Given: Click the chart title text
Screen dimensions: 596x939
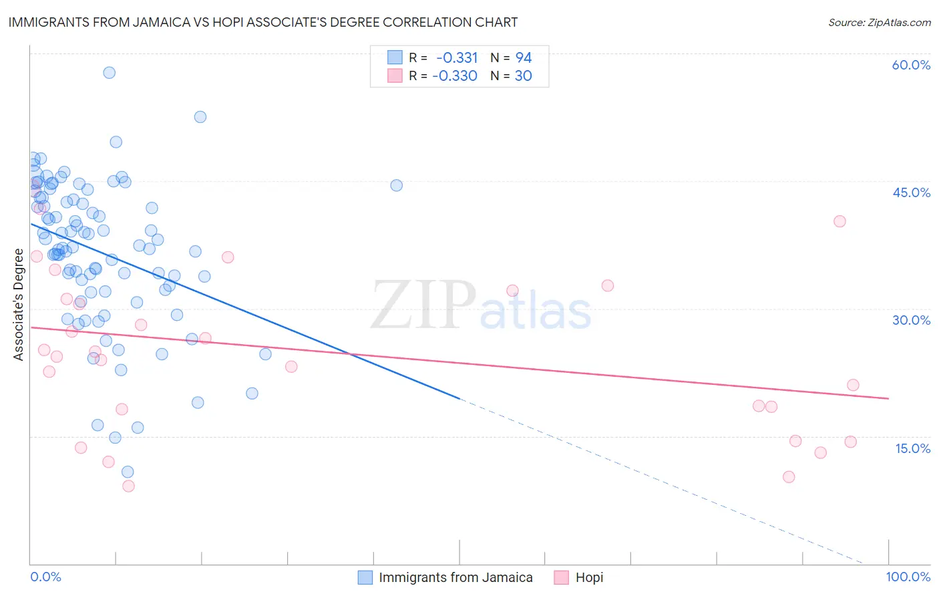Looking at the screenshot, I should [x=262, y=22].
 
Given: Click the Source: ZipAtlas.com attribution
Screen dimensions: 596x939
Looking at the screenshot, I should [x=879, y=23].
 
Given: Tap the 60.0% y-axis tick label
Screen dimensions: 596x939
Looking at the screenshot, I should [x=911, y=65].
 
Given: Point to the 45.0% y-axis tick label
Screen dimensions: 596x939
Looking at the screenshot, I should [x=911, y=192].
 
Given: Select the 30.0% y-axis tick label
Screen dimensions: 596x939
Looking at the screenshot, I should [x=911, y=320].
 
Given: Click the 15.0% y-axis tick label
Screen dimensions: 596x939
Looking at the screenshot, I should [x=912, y=448].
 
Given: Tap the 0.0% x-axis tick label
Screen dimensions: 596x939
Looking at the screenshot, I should [x=45, y=577].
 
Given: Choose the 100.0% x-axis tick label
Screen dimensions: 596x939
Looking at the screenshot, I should [x=908, y=577].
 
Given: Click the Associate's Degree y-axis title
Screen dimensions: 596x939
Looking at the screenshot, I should [x=19, y=305].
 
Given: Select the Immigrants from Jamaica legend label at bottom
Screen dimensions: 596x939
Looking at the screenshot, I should [x=455, y=577].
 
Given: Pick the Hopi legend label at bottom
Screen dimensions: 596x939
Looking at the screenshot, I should [x=589, y=577].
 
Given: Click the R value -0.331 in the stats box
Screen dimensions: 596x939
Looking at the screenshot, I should [x=457, y=57].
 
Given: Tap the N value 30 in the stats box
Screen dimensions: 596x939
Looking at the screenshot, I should [x=523, y=76].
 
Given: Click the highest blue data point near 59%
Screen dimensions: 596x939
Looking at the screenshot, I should [x=109, y=72].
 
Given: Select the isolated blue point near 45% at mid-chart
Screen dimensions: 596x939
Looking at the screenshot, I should [x=396, y=185].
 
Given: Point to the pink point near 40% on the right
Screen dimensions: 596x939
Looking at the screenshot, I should [x=839, y=221].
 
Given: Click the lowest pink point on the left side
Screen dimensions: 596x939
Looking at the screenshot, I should [x=128, y=486].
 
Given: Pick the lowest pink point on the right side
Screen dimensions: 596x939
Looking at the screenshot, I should [x=789, y=477].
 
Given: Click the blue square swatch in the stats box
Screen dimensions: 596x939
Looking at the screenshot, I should [x=395, y=57].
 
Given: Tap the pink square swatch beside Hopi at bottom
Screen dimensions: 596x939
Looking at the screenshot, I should [x=561, y=577].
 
